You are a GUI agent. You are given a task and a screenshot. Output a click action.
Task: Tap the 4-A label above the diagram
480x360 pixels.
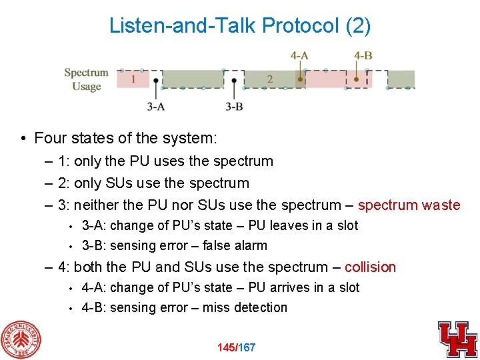pos(299,55)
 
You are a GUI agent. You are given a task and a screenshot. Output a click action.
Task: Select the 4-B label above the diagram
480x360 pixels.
pos(363,55)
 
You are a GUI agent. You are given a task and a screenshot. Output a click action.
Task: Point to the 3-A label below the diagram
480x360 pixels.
pos(156,106)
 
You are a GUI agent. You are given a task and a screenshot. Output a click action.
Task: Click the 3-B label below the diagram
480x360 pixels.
pos(234,106)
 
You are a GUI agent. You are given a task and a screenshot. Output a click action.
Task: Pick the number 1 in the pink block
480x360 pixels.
pos(134,79)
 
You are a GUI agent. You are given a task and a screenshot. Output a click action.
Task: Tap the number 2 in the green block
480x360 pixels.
pos(269,79)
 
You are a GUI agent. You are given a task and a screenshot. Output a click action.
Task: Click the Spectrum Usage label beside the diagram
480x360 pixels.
pos(86,79)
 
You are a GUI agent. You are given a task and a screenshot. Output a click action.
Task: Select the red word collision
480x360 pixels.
pos(370,267)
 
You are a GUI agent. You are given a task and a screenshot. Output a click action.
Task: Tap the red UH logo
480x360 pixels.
pos(457,339)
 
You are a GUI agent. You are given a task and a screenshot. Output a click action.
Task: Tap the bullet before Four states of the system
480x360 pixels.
pos(23,139)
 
